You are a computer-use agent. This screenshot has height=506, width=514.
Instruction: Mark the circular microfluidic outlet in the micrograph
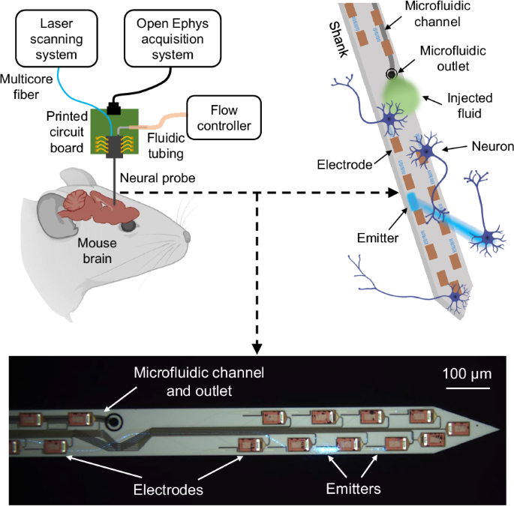point(114,422)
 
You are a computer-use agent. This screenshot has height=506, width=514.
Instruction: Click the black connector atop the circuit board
point(114,109)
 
